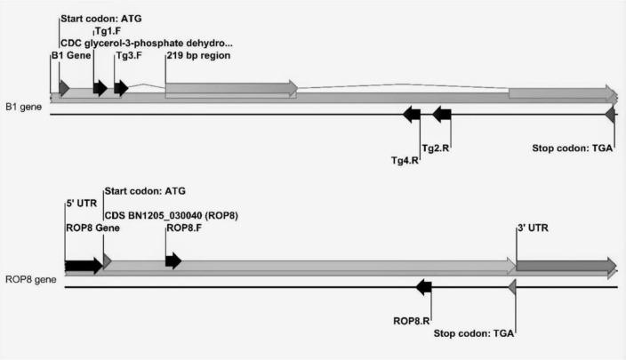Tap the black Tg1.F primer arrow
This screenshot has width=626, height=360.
click(100, 87)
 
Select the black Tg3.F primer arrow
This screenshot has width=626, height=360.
click(121, 87)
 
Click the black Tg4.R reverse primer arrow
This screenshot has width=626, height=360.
click(412, 114)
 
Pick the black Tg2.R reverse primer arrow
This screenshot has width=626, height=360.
click(442, 114)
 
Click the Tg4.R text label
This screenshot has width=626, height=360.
click(405, 161)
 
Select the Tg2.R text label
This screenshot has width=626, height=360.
click(436, 148)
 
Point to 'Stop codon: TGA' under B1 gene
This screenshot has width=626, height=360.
click(573, 148)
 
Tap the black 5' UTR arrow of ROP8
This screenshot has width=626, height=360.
click(84, 265)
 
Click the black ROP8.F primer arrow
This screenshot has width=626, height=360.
click(173, 260)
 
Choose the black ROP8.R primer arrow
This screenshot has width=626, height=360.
click(424, 286)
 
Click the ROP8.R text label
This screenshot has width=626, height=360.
click(412, 320)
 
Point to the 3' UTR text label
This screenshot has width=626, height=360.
click(534, 228)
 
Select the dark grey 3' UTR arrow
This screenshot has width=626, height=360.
click(566, 265)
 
